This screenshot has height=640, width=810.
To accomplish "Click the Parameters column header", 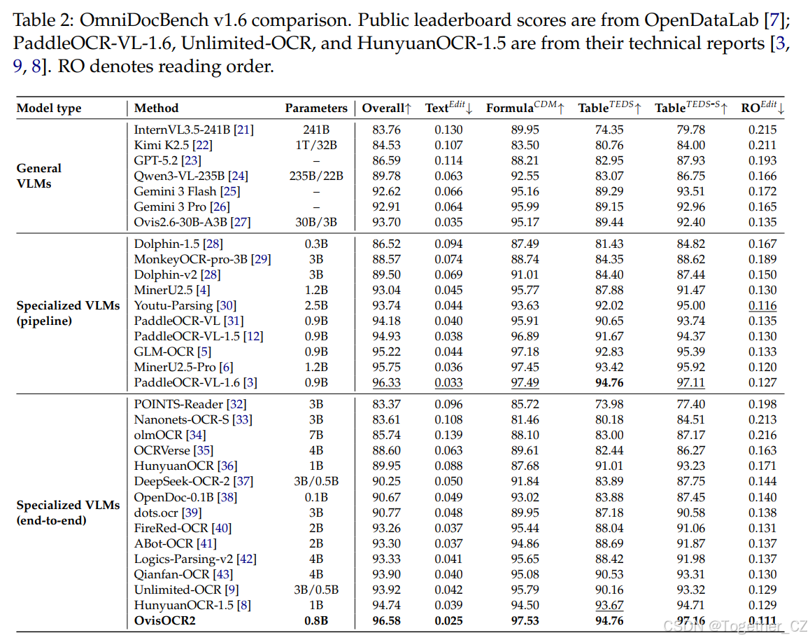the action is (316, 108).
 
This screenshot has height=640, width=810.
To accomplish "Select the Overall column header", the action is (386, 108).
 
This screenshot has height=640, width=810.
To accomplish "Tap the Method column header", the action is (156, 108).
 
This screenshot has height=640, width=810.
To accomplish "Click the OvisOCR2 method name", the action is (165, 620).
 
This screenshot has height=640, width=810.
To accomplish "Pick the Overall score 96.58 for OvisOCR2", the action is (386, 620).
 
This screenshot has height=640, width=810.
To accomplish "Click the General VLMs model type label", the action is (38, 176).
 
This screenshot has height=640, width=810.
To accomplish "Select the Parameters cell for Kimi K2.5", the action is (316, 145).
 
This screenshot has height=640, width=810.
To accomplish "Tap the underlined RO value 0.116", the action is (762, 305).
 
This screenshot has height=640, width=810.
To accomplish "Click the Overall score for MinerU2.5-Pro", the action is (386, 367).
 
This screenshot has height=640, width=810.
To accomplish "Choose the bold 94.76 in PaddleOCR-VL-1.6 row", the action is (609, 382).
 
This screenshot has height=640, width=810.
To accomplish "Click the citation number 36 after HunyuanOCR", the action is (227, 466).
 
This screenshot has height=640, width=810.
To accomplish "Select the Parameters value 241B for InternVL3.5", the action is (316, 130).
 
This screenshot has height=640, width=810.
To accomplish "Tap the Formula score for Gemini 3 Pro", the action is (525, 207).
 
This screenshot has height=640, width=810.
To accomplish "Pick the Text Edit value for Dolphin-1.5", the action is (448, 244).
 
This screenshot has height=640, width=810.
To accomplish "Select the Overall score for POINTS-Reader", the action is (386, 404).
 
